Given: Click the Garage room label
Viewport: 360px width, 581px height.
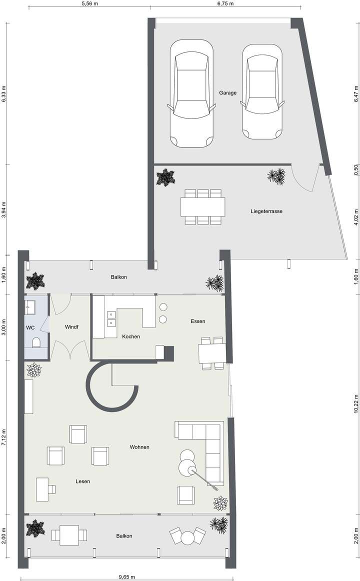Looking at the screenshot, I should click(227, 93).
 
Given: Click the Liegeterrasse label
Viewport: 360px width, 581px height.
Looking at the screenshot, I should click(266, 211).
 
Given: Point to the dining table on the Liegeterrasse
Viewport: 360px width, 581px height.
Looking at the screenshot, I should click(203, 206).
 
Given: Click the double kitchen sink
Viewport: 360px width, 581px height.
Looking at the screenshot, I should click(111, 318).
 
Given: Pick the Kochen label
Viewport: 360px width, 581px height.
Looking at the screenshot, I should click(131, 336).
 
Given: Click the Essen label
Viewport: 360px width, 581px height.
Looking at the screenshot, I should click(198, 321).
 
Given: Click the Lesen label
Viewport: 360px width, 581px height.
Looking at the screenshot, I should click(83, 481).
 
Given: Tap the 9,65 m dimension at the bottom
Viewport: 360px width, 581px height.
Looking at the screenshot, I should click(126, 576).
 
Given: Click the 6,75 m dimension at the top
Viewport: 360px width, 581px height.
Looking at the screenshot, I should click(225, 3).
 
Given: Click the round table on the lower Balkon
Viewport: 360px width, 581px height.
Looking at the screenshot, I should click(187, 538).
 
